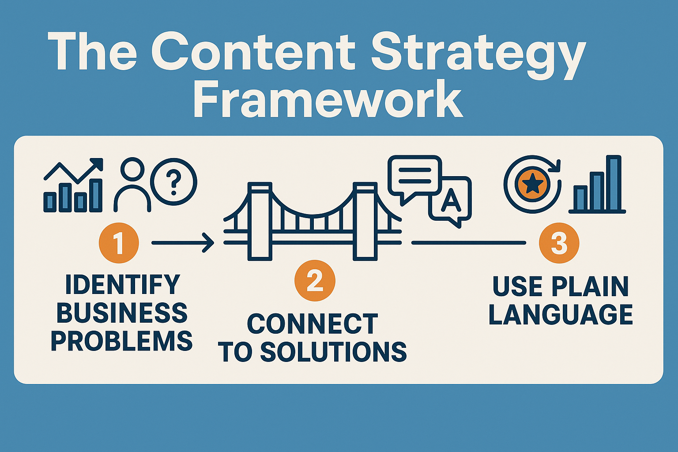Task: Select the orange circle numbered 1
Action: pyautogui.click(x=119, y=243)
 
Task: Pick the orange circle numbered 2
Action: pyautogui.click(x=315, y=281)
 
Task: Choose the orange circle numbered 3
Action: pyautogui.click(x=559, y=243)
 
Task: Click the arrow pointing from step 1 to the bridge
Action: pyautogui.click(x=182, y=242)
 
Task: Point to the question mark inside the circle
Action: pyautogui.click(x=174, y=182)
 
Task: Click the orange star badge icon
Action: pyautogui.click(x=532, y=185)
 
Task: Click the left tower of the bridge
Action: pyautogui.click(x=260, y=221)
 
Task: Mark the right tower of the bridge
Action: pyautogui.click(x=365, y=221)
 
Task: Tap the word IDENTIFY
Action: pyautogui.click(x=123, y=284)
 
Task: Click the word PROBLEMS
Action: pyautogui.click(x=122, y=341)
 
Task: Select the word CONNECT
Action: pyautogui.click(x=313, y=324)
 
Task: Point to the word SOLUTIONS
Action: pyautogui.click(x=333, y=352)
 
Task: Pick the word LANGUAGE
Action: pyautogui.click(x=561, y=315)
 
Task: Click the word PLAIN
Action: pyautogui.click(x=590, y=286)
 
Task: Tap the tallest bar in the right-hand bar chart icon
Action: pyautogui.click(x=615, y=183)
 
